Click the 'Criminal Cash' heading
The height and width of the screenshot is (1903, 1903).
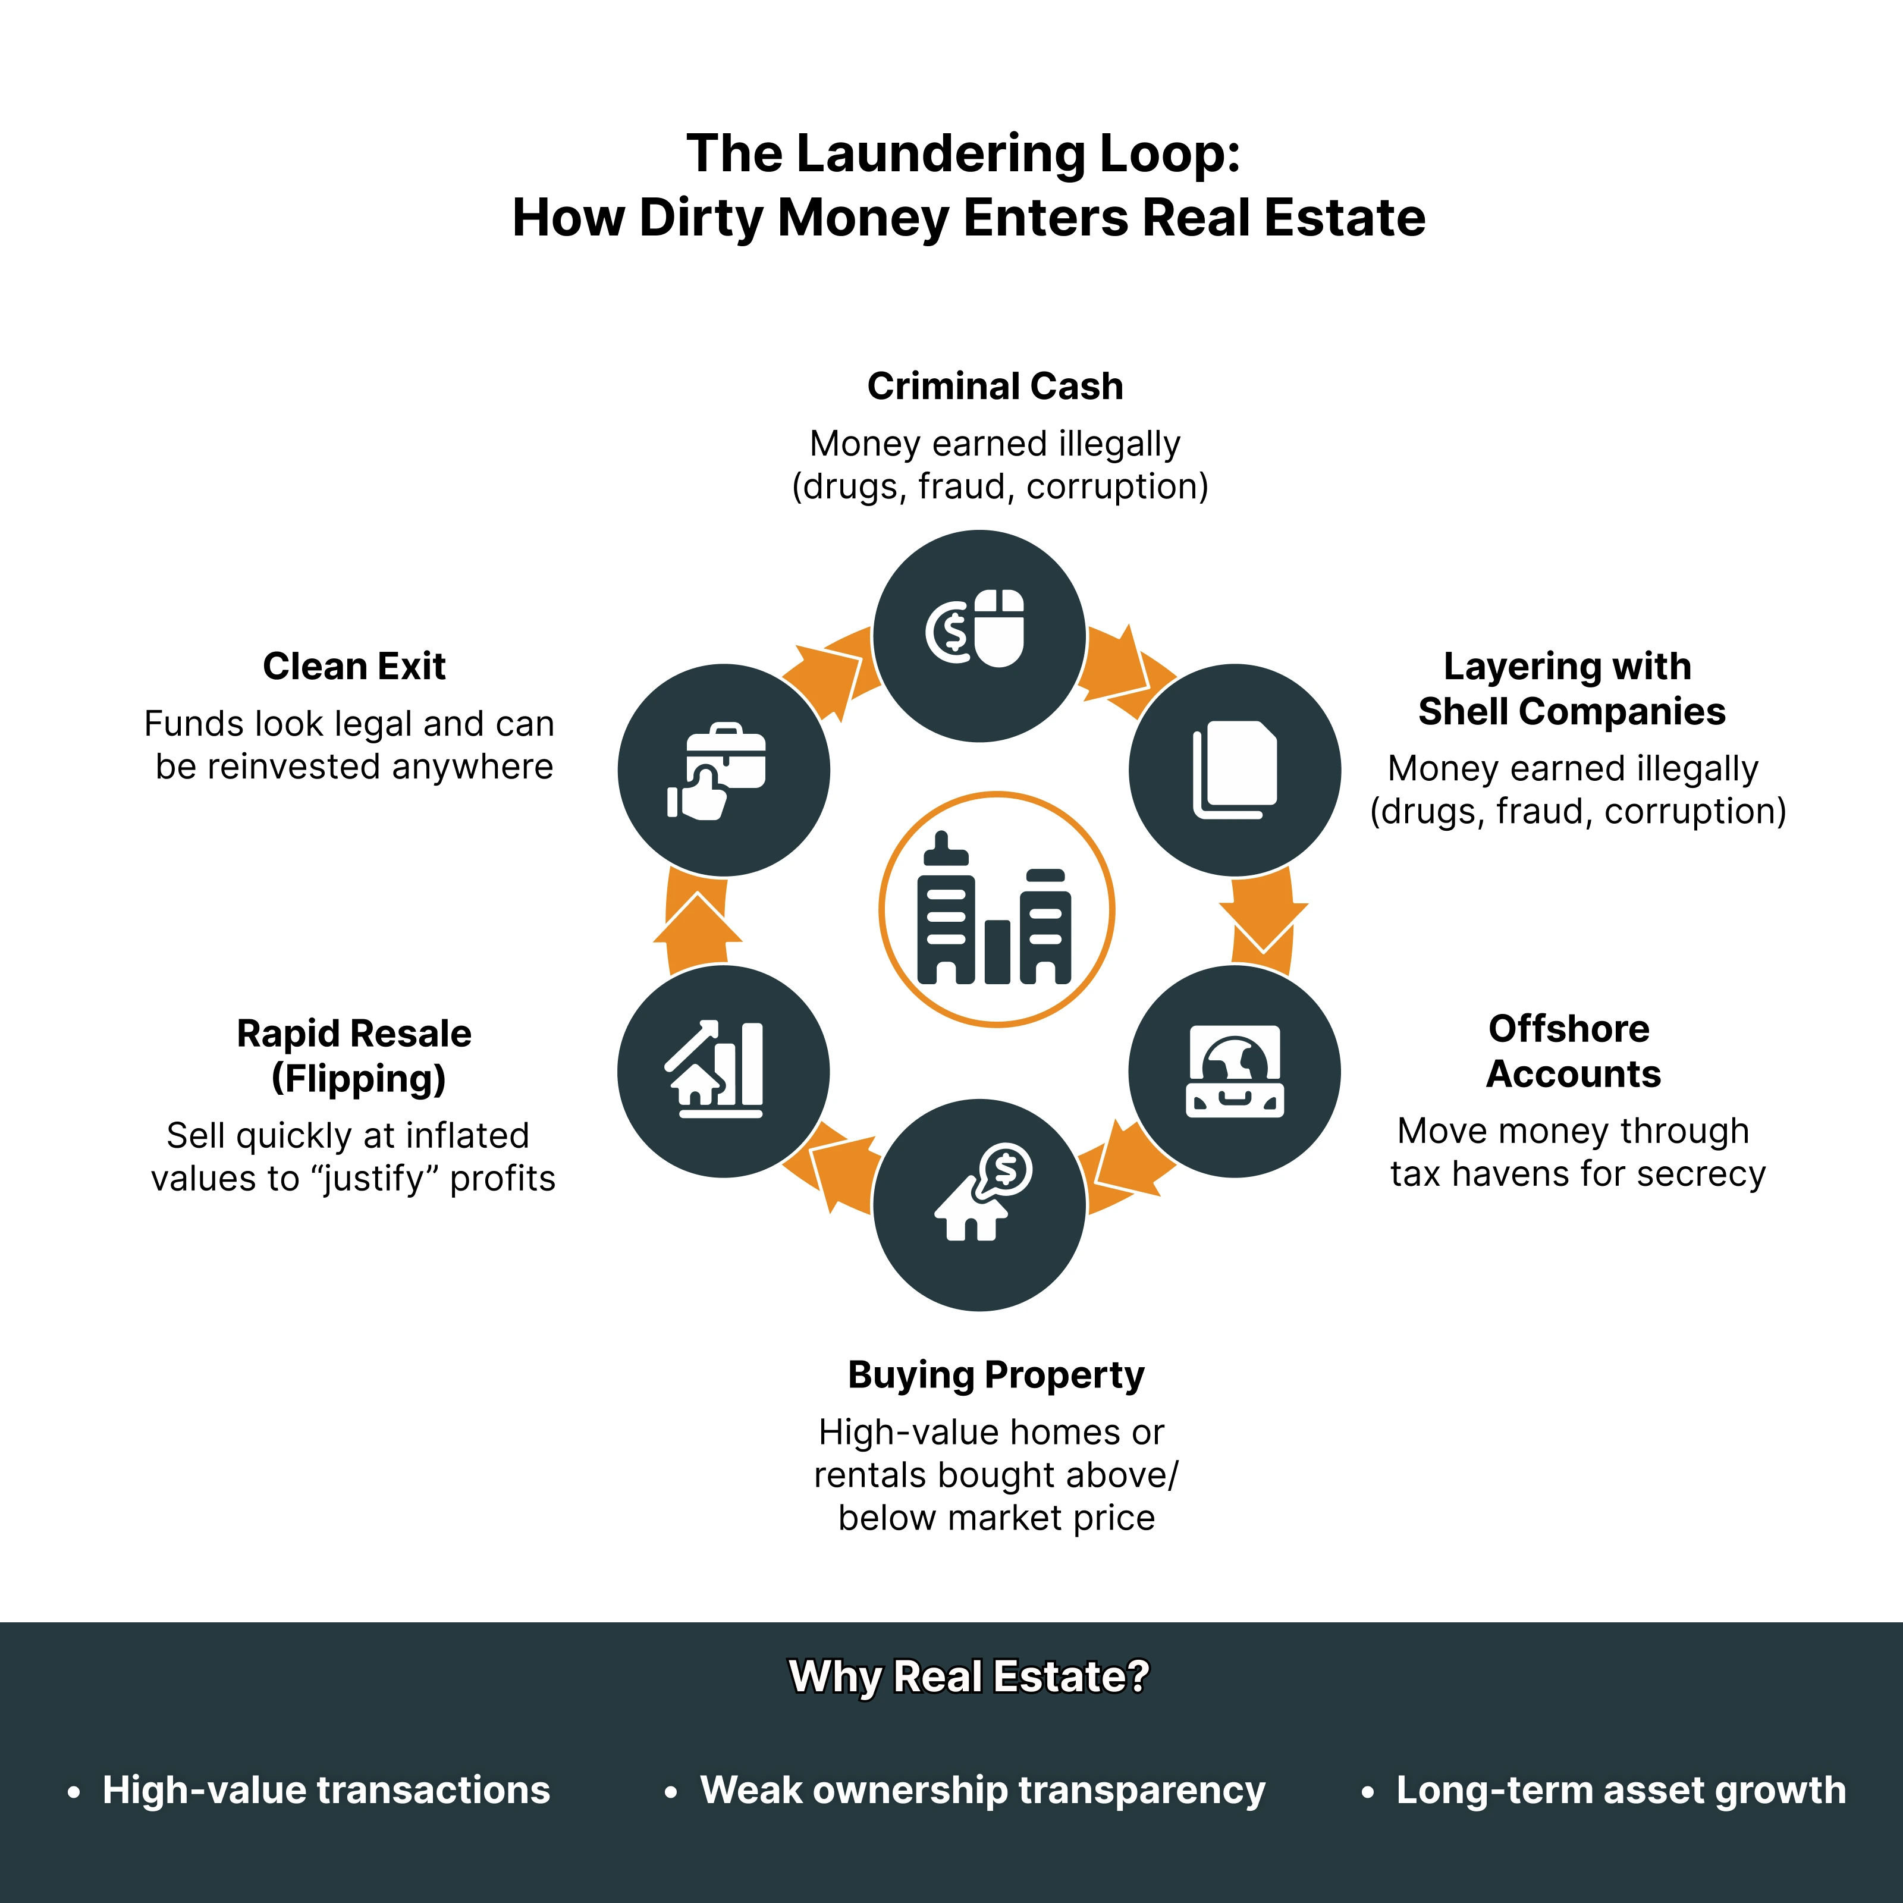pyautogui.click(x=995, y=386)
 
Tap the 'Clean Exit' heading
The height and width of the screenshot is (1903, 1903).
pyautogui.click(x=354, y=667)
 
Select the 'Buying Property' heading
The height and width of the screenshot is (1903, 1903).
pyautogui.click(x=996, y=1374)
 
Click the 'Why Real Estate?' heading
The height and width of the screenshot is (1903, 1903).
pyautogui.click(x=969, y=1676)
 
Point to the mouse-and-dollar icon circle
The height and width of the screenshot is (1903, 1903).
pyautogui.click(x=979, y=635)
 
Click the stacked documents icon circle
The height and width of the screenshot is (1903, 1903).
pyautogui.click(x=1234, y=770)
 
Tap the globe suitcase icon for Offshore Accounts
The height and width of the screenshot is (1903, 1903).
pyautogui.click(x=1234, y=1072)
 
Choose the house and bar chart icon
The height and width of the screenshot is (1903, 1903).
pyautogui.click(x=723, y=1072)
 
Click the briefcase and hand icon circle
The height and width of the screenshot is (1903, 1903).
pyautogui.click(x=723, y=770)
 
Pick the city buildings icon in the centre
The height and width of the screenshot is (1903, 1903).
pyautogui.click(x=996, y=909)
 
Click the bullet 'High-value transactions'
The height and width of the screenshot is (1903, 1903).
pyautogui.click(x=325, y=1790)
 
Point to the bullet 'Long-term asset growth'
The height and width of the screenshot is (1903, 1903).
pyautogui.click(x=1621, y=1790)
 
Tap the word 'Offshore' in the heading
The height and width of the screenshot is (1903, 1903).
pyautogui.click(x=1568, y=1028)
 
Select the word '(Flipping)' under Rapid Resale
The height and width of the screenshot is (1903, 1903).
pyautogui.click(x=359, y=1079)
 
